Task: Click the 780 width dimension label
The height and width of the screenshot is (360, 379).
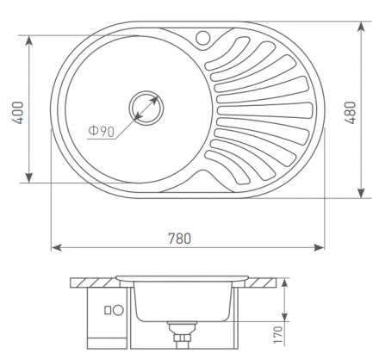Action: tap(179, 239)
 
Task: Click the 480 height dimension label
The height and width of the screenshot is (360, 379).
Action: tap(350, 113)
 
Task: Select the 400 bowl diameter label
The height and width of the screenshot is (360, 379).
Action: tap(17, 113)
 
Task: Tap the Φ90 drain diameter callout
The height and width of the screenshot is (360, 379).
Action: tap(102, 132)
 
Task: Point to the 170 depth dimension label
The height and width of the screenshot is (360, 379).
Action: tap(278, 335)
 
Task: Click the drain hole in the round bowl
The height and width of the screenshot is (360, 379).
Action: tap(146, 109)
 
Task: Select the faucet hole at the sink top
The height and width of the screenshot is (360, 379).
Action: tap(203, 38)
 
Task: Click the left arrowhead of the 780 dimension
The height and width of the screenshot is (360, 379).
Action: tap(57, 247)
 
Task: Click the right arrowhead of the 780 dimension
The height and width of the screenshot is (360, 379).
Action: tap(319, 247)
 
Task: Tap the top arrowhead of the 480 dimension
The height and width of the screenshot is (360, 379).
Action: tap(361, 27)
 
